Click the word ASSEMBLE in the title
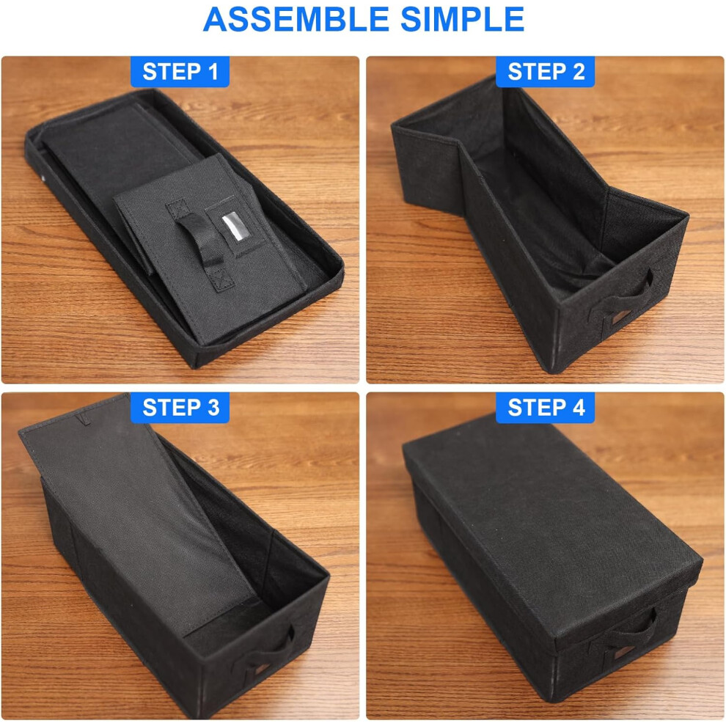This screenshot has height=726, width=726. click(296, 20)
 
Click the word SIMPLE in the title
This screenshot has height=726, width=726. click(462, 20)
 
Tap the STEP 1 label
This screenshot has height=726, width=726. click(180, 72)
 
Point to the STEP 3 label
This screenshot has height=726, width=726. click(180, 408)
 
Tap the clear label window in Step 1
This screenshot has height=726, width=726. click(233, 226)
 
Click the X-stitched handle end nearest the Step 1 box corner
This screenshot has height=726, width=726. click(221, 281)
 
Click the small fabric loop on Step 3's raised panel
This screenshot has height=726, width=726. click(82, 419)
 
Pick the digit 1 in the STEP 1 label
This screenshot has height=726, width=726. click(213, 72)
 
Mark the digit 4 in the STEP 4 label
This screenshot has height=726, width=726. click(579, 408)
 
